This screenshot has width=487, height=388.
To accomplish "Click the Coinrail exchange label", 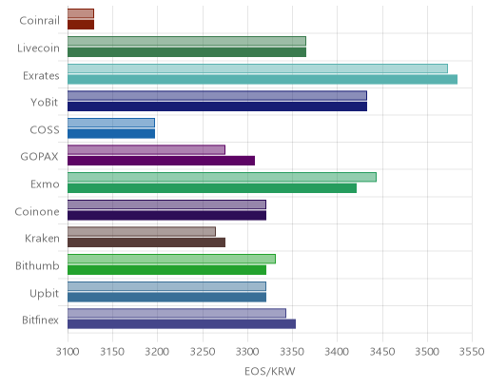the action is click(39, 21).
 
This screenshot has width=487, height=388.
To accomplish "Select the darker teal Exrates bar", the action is click(263, 79).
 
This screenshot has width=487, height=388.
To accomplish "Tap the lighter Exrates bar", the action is click(258, 68).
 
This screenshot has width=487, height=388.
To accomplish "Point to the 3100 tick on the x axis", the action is click(68, 352).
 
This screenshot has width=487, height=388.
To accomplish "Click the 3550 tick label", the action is click(472, 352).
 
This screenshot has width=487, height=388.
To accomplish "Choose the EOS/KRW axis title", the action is click(270, 371).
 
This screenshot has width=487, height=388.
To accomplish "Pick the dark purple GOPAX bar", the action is click(161, 161).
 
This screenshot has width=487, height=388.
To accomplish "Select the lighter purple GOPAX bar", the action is click(146, 149).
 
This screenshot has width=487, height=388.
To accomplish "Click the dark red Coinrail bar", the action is click(81, 25).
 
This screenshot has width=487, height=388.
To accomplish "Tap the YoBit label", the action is click(45, 103).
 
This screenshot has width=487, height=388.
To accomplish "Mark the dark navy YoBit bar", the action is click(217, 107).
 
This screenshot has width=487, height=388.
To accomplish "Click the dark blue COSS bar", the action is click(111, 134).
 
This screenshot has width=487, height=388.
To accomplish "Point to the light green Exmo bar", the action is click(222, 177).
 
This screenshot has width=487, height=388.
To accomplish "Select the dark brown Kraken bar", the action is click(146, 242).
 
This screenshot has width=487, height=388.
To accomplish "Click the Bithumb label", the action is click(37, 265).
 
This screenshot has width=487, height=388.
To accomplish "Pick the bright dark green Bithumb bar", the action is click(166, 270).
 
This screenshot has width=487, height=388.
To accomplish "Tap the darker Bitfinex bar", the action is click(182, 324).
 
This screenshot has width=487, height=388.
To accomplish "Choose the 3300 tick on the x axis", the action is click(247, 352).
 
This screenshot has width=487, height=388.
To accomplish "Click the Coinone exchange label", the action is click(37, 211).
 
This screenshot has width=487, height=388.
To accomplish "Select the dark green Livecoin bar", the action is click(186, 52).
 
